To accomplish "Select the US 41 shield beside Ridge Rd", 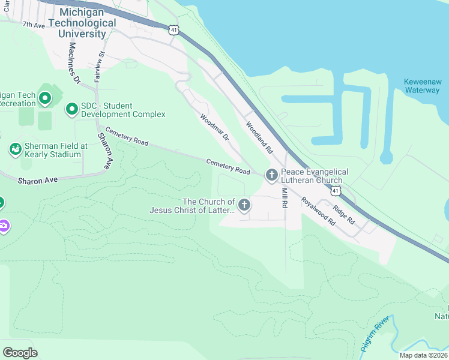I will (x=337, y=191).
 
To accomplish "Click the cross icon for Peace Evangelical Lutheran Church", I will (x=271, y=175).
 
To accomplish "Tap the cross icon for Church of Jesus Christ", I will (x=244, y=206).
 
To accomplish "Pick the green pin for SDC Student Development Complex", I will (x=72, y=109).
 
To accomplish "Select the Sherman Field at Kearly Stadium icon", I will (x=16, y=148).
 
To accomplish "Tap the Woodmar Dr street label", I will (x=215, y=128).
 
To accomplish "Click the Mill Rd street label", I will (x=285, y=198).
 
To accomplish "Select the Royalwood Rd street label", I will (x=318, y=211).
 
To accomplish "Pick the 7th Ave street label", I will (x=34, y=25).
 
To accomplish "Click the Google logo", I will (x=20, y=352).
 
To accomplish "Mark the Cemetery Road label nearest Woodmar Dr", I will (x=228, y=167).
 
